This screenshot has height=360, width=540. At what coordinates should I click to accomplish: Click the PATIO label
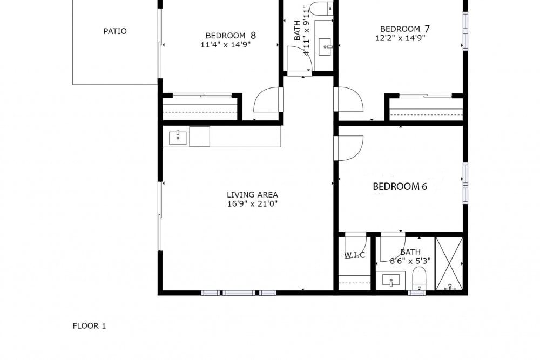coord(115,31)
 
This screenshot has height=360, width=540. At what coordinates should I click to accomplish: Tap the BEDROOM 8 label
coord(231,35)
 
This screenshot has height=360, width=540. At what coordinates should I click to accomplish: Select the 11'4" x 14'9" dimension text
coord(226,45)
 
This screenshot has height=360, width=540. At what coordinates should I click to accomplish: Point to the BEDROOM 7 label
coord(404,29)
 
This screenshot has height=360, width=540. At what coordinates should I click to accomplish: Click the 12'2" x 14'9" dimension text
coord(400,38)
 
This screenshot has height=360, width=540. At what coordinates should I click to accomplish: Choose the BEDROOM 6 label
coord(400,187)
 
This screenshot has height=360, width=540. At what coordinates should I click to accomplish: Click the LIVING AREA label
coord(252,195)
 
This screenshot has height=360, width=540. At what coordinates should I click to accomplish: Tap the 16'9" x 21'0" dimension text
coord(252,204)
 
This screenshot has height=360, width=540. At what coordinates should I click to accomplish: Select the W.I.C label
coord(355,255)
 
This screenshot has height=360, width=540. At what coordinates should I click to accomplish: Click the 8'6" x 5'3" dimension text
coord(410,261)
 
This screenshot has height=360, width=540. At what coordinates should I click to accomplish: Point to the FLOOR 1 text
coord(89,325)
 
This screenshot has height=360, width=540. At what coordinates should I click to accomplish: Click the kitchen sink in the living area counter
coord(178,138)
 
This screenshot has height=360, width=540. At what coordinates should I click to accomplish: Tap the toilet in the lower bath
coord(420,278)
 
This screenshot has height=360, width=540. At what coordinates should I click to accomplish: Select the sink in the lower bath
coord(391,280)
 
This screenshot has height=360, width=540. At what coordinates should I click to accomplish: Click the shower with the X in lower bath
coord(449,263)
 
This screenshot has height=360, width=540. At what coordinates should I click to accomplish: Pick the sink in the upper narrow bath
coord(326,47)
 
